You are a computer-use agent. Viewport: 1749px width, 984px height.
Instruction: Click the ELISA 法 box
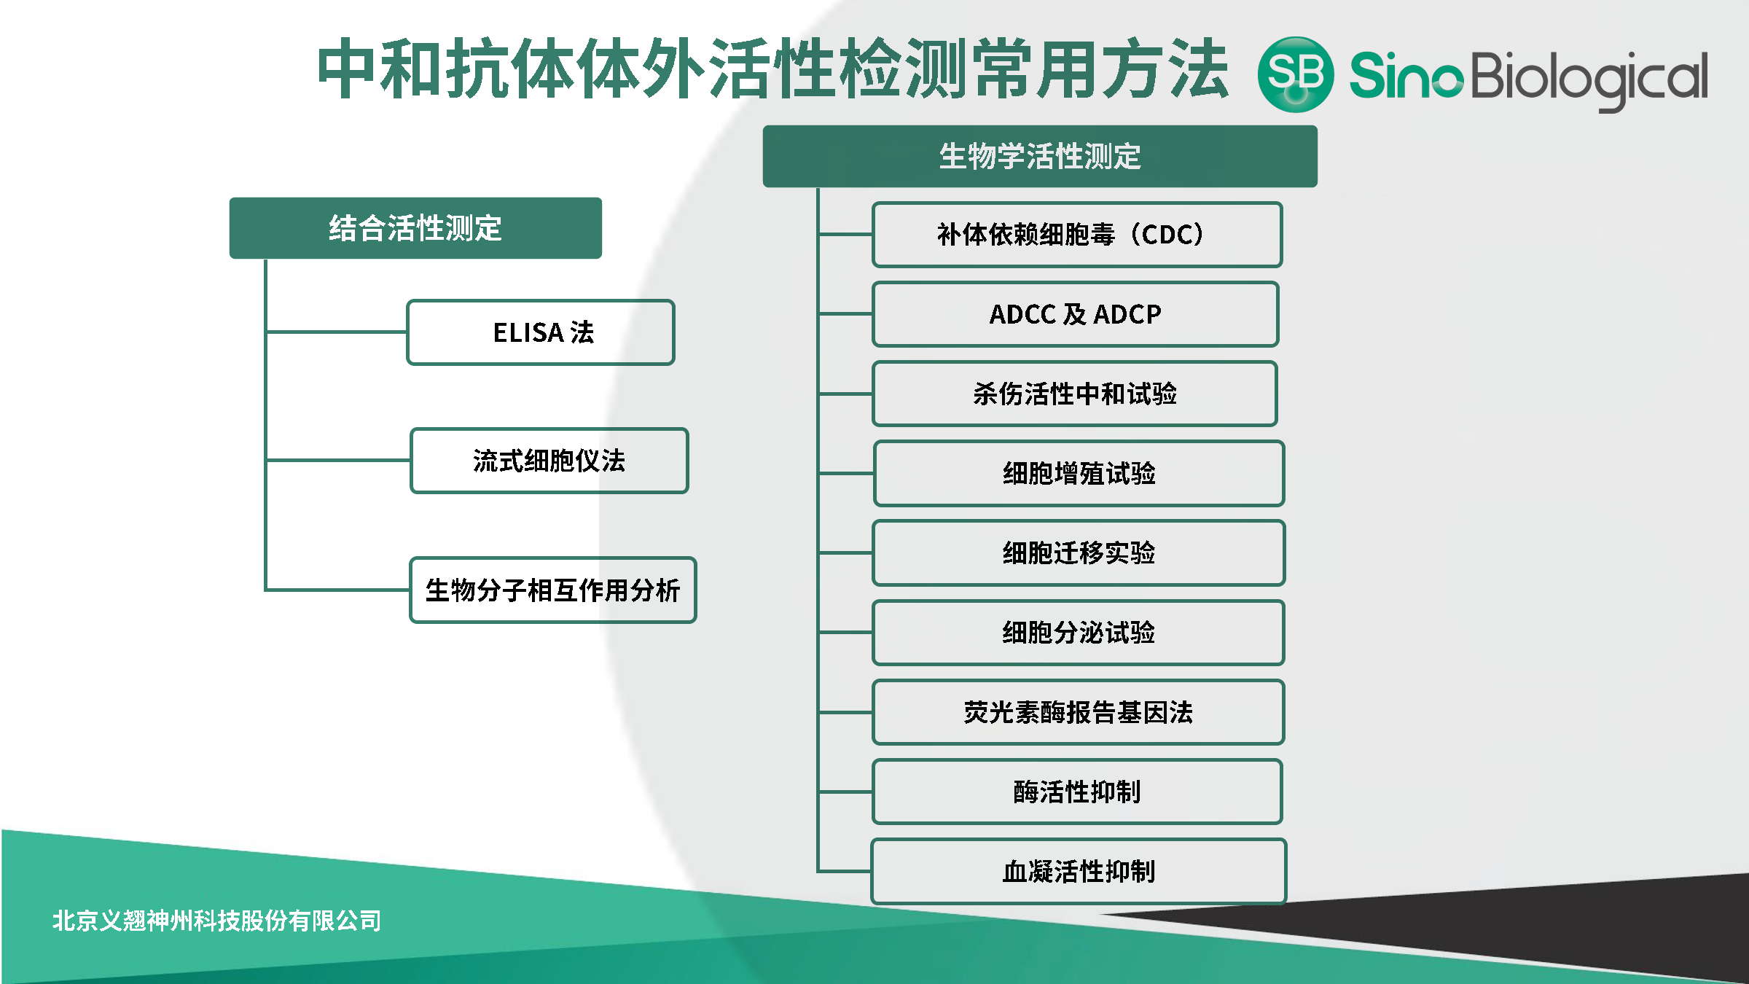[541, 332]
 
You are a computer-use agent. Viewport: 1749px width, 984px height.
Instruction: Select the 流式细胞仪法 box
[549, 461]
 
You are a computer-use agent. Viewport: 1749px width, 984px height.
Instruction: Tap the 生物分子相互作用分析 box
[552, 590]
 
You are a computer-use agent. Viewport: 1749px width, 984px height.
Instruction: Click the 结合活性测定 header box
[415, 228]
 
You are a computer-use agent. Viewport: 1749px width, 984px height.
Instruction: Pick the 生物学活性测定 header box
[1039, 157]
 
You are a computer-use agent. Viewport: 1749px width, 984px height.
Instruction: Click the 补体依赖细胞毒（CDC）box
[1076, 235]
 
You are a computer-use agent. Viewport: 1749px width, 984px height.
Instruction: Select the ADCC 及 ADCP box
[1075, 314]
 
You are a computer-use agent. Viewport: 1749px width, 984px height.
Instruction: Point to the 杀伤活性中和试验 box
[1075, 394]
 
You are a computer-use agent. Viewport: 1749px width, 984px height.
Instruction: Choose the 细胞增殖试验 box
[1079, 473]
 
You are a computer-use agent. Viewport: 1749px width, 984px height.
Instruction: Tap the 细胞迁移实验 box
[1079, 552]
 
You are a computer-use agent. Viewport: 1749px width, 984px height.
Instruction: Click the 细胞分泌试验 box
[1079, 632]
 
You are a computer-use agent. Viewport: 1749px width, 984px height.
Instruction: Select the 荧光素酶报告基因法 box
[1079, 712]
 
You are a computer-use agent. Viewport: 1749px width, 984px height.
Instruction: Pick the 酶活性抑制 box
[1077, 792]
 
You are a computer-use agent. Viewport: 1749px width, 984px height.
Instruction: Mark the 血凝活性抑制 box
[1079, 871]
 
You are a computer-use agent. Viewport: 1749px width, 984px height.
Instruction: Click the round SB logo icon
[1296, 74]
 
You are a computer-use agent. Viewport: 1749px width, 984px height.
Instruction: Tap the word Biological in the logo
[1589, 77]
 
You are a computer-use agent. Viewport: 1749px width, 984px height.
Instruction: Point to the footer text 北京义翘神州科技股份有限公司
[216, 921]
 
